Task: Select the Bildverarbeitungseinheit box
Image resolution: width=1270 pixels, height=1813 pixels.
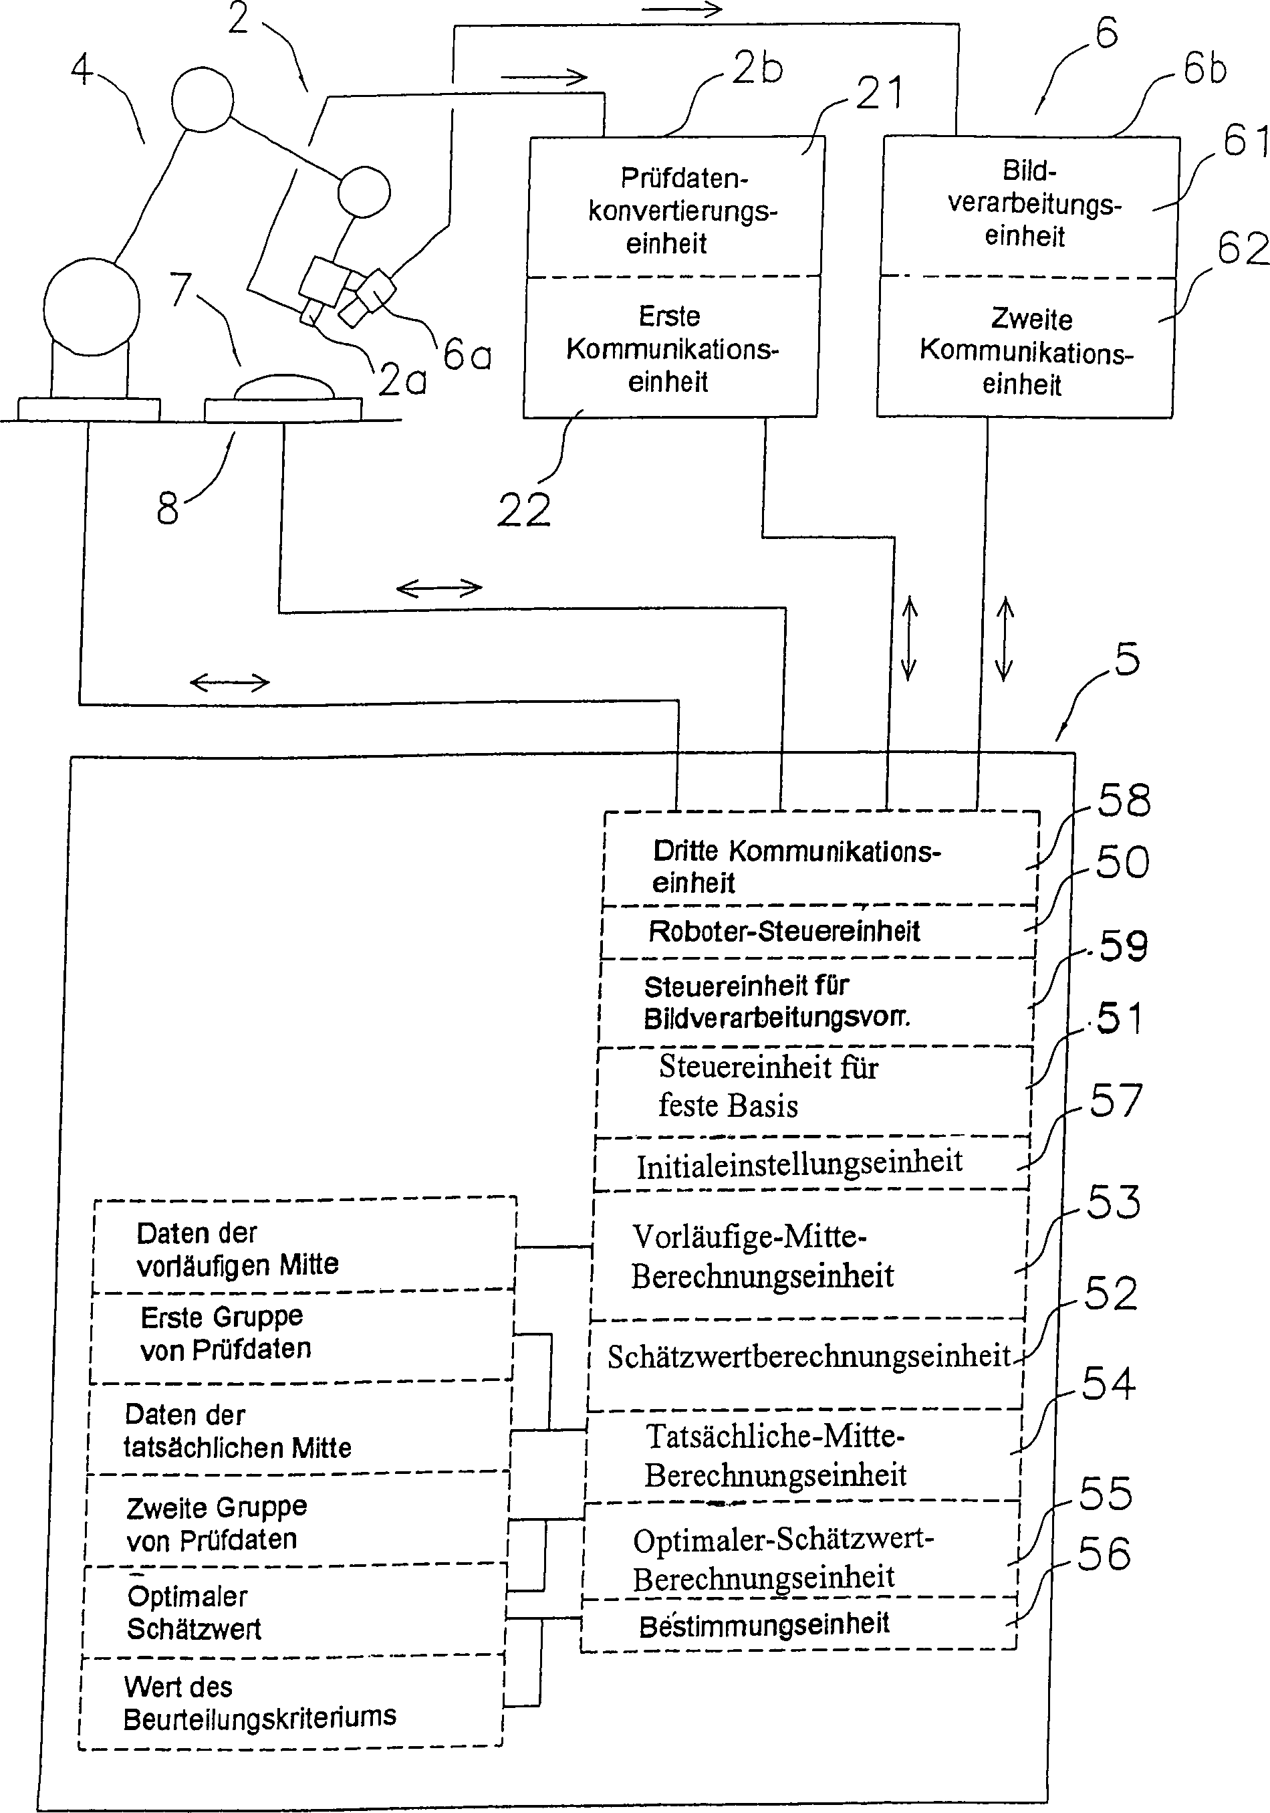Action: (x=1029, y=206)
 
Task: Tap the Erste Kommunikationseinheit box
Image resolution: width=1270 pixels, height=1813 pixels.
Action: (x=671, y=348)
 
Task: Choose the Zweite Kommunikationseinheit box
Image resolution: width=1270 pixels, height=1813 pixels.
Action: (x=1025, y=348)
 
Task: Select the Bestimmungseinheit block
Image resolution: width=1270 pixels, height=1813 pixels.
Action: (x=799, y=1625)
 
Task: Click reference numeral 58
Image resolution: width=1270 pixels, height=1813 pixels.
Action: (x=1125, y=800)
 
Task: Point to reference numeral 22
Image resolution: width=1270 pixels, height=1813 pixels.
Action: (x=523, y=510)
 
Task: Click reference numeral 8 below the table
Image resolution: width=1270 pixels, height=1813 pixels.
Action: (x=167, y=508)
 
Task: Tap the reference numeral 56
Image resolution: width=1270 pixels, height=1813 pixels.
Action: (x=1104, y=1554)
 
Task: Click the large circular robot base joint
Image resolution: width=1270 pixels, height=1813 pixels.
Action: (x=92, y=307)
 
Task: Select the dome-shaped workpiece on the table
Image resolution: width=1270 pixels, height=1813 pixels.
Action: (x=284, y=388)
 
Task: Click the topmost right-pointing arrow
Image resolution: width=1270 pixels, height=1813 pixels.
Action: (x=682, y=9)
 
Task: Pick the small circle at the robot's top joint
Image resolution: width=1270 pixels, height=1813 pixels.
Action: (x=204, y=100)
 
